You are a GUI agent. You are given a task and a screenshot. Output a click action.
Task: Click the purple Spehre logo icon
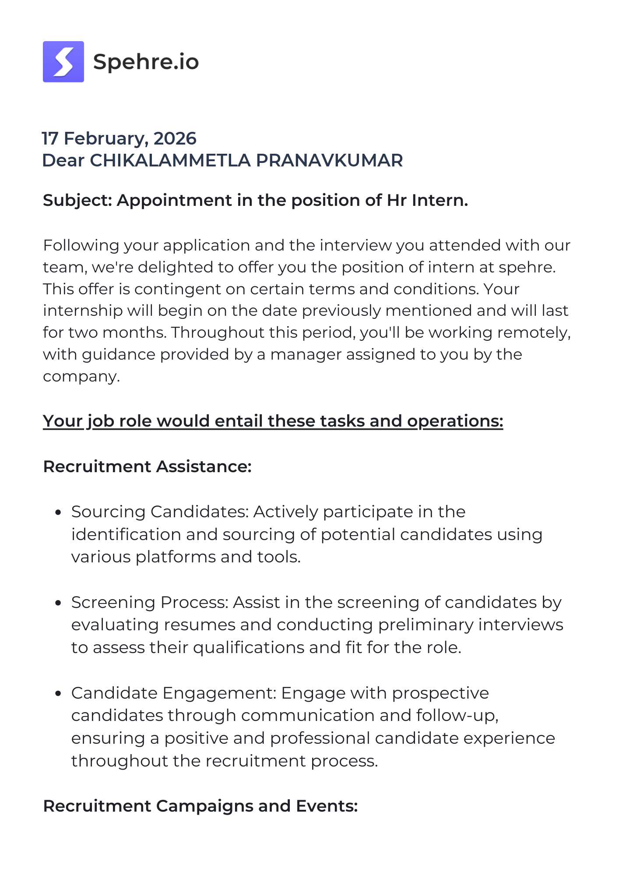pyautogui.click(x=63, y=62)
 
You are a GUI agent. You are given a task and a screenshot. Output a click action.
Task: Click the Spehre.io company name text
pyautogui.click(x=146, y=62)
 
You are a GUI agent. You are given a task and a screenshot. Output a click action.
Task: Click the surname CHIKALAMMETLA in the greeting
pyautogui.click(x=170, y=161)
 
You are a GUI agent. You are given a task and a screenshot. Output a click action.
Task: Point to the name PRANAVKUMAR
pyautogui.click(x=329, y=161)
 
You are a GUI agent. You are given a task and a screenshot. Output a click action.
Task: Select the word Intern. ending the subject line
pyautogui.click(x=440, y=201)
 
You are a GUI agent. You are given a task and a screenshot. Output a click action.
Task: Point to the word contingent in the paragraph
pyautogui.click(x=185, y=289)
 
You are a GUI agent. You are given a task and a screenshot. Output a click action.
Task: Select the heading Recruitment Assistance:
pyautogui.click(x=147, y=466)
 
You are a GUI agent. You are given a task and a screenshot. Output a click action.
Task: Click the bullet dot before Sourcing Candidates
pyautogui.click(x=58, y=512)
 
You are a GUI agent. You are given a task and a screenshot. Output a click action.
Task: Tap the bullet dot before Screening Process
pyautogui.click(x=58, y=603)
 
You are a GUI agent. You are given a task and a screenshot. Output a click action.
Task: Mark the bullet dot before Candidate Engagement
pyautogui.click(x=58, y=693)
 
